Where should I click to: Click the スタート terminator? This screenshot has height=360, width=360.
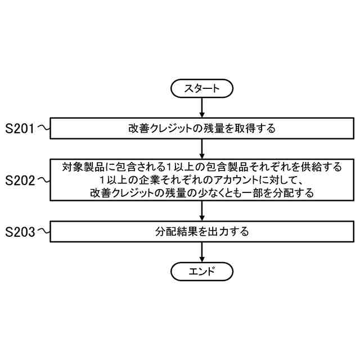tap(201, 88)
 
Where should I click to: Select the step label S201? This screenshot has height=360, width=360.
tap(20, 128)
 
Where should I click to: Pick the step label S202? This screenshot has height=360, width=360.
tap(20, 180)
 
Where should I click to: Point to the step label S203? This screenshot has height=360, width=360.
tap(20, 231)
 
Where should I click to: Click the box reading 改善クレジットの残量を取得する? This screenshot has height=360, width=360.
tap(201, 128)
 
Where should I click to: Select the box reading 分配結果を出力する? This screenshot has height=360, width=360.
tap(201, 231)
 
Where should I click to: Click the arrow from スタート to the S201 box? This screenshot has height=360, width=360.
tap(201, 107)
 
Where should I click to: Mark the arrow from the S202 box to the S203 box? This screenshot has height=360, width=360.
tap(201, 211)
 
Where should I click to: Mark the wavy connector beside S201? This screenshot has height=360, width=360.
tap(43, 128)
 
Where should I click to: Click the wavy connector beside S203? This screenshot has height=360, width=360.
tap(43, 231)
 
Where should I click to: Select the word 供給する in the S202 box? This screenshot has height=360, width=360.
tap(322, 167)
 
